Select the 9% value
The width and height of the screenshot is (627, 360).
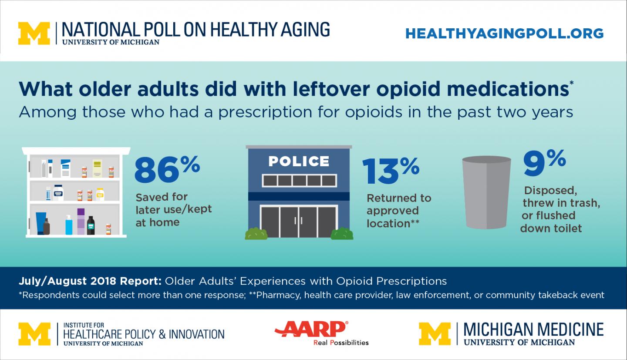coord(544,164)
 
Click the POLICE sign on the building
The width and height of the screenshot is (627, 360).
coord(299,161)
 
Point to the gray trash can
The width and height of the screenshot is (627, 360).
coord(486,192)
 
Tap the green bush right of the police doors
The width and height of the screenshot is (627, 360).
coord(342,234)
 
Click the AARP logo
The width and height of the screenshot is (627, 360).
coord(312,328)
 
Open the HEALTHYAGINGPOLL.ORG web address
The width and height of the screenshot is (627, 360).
coord(504,34)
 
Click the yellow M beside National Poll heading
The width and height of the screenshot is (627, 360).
coord(34,33)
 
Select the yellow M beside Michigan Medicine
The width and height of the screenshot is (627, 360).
coord(435,334)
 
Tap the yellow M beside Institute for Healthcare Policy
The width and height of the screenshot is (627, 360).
coord(34,334)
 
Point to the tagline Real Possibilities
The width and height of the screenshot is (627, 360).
coord(341,343)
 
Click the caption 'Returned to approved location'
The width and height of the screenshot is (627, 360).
coord(398,211)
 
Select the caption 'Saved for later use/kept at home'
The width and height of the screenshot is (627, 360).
coord(174,209)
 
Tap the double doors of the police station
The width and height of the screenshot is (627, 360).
coord(299,222)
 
